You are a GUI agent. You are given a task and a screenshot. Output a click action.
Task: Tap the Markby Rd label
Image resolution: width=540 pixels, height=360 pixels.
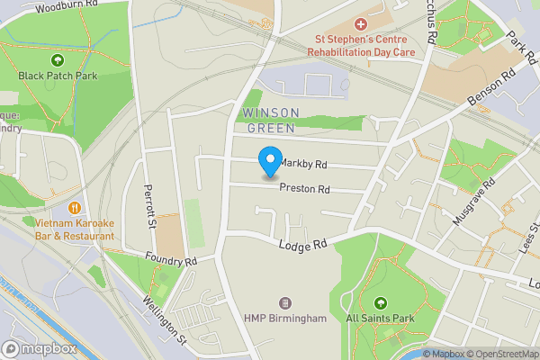click(302, 164)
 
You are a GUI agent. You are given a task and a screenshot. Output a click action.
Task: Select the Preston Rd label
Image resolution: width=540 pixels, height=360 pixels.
click(304, 189)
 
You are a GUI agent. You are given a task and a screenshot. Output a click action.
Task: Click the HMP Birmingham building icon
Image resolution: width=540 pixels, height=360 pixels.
click(286, 303)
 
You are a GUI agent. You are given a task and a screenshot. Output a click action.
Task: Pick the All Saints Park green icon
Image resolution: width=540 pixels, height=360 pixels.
click(380, 303)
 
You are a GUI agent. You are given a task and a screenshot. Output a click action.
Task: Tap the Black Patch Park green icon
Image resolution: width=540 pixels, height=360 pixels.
click(58, 60)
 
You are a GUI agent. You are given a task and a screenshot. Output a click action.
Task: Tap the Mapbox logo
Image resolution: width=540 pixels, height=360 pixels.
click(38, 348)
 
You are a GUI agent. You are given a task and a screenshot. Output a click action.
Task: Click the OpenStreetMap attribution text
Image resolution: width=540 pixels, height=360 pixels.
click(502, 354)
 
